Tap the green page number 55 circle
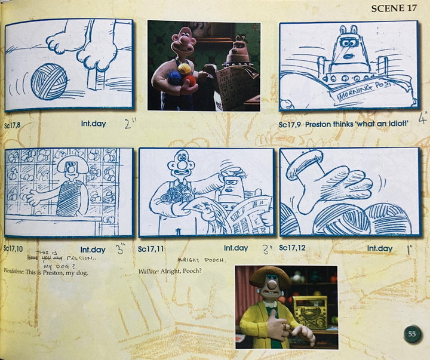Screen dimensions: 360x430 point(411,334)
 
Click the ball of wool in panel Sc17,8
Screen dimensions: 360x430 point(48,81)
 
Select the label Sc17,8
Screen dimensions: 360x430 point(13,125)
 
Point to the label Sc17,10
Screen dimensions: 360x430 point(14,248)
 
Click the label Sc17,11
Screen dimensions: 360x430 point(150,248)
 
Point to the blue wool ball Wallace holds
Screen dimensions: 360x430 point(174,77)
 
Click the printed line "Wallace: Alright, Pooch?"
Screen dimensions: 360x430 point(170,271)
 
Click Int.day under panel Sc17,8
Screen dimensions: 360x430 point(93,125)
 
